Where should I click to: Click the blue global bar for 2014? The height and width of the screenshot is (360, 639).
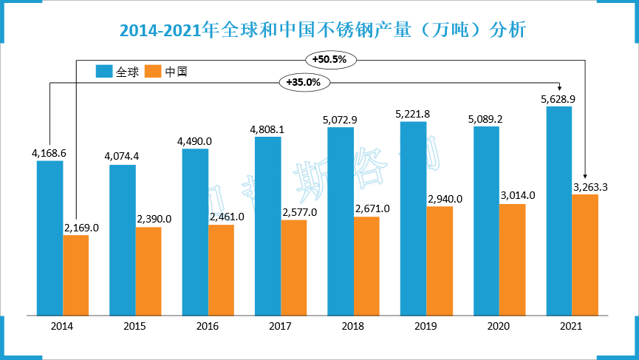(49, 237)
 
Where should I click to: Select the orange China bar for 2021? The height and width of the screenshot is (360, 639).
(585, 254)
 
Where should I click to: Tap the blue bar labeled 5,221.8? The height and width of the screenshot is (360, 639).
(413, 218)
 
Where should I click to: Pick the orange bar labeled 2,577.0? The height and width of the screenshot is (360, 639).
(294, 267)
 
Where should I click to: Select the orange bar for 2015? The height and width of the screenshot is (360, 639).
(148, 271)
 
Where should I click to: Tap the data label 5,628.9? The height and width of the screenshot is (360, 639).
(558, 98)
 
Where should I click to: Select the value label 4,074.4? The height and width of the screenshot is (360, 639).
(122, 157)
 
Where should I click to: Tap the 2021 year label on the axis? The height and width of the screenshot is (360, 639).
(571, 326)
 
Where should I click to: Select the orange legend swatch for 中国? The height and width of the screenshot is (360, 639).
(153, 72)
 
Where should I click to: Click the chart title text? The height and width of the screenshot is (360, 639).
(323, 30)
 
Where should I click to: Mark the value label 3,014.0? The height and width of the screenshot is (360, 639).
(517, 195)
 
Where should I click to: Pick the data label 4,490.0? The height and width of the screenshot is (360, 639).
(194, 141)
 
